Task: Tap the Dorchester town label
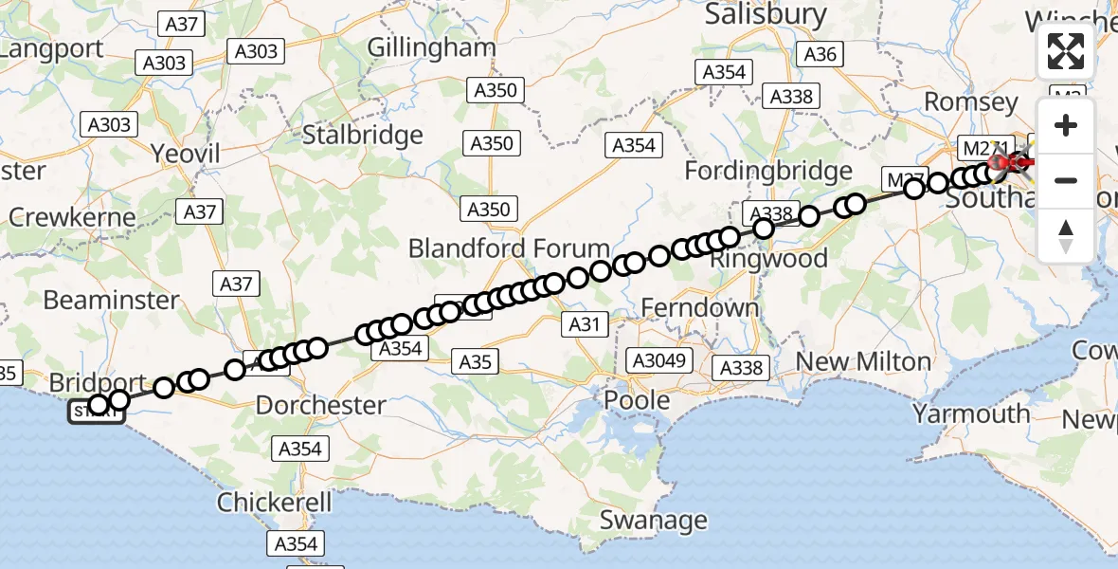[x=321, y=405]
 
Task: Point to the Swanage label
[x=654, y=520]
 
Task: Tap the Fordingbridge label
[x=768, y=172]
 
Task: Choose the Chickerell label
[x=275, y=502]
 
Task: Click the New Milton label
[x=863, y=361]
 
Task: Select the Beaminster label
[x=111, y=300]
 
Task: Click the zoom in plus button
[x=1066, y=126]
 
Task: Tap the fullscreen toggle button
[x=1066, y=51]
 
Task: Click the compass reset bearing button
[x=1066, y=235]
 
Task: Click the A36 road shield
[x=820, y=54]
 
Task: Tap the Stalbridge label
[x=362, y=135]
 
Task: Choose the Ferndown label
[x=700, y=308]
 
